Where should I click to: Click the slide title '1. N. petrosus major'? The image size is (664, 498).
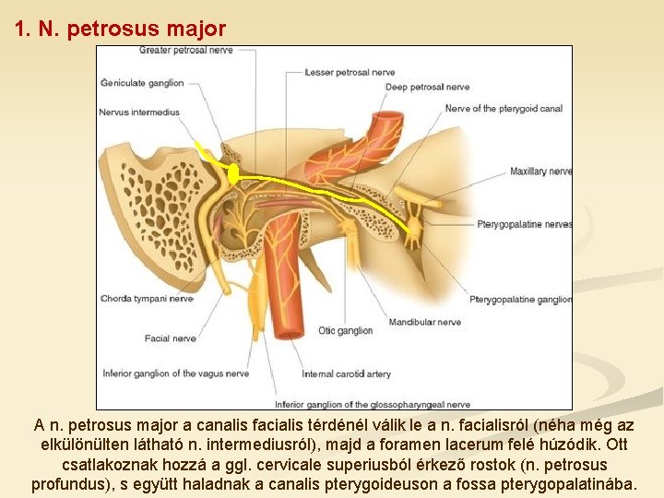click(x=120, y=29)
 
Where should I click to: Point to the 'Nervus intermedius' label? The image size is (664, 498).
click(x=138, y=113)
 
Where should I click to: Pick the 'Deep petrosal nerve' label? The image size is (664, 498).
click(x=427, y=88)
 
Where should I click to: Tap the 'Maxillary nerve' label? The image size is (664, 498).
click(x=541, y=172)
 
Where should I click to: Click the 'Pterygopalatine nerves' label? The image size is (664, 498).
click(x=525, y=224)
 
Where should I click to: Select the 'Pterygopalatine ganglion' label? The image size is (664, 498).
click(x=520, y=300)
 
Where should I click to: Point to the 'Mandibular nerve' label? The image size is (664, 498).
click(x=424, y=323)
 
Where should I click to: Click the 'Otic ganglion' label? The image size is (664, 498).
click(x=345, y=330)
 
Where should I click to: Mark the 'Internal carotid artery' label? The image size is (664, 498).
click(x=346, y=373)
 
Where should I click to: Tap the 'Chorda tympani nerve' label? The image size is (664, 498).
click(x=147, y=299)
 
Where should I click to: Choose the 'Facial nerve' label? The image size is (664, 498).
click(x=170, y=338)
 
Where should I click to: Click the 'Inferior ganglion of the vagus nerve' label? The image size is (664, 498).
click(x=175, y=373)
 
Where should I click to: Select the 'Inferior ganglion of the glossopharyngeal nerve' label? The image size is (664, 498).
click(x=372, y=404)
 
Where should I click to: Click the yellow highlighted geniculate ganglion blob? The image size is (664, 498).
click(x=233, y=172)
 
